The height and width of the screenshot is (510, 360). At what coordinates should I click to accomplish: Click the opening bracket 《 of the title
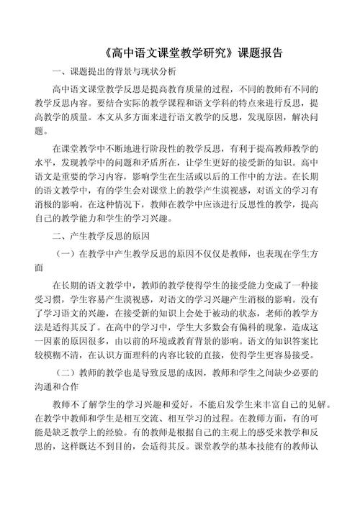point(106,53)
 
